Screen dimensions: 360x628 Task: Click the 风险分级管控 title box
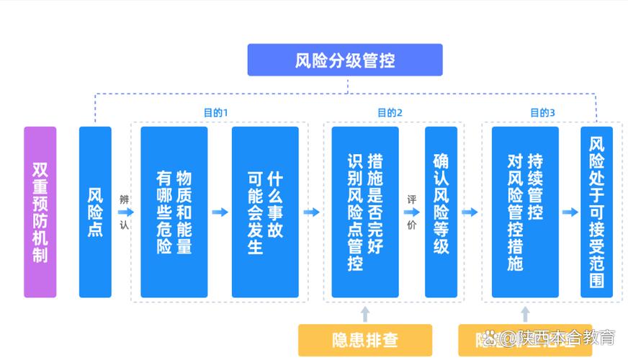(345, 60)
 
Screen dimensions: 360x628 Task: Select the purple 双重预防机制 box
(40, 212)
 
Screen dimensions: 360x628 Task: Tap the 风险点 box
(95, 212)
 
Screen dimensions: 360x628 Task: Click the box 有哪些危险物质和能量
(174, 212)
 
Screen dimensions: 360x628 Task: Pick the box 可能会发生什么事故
(265, 212)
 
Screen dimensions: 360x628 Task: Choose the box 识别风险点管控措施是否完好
(364, 212)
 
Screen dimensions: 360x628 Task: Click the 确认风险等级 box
(441, 212)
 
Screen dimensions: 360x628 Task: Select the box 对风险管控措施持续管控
(525, 212)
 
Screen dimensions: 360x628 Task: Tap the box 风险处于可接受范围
(596, 212)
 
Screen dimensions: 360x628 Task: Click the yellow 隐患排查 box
(365, 340)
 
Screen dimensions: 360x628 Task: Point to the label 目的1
(215, 113)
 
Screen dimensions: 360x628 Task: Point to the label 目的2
(390, 113)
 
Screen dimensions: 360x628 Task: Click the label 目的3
(542, 113)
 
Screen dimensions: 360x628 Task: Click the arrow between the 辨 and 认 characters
(125, 212)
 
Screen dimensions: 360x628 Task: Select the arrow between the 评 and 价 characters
(412, 212)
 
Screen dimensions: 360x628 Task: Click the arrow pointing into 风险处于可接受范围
(570, 212)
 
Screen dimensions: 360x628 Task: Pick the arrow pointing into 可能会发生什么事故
(220, 212)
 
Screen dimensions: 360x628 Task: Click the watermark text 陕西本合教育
(559, 337)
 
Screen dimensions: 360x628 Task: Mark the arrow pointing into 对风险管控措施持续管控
(470, 212)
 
